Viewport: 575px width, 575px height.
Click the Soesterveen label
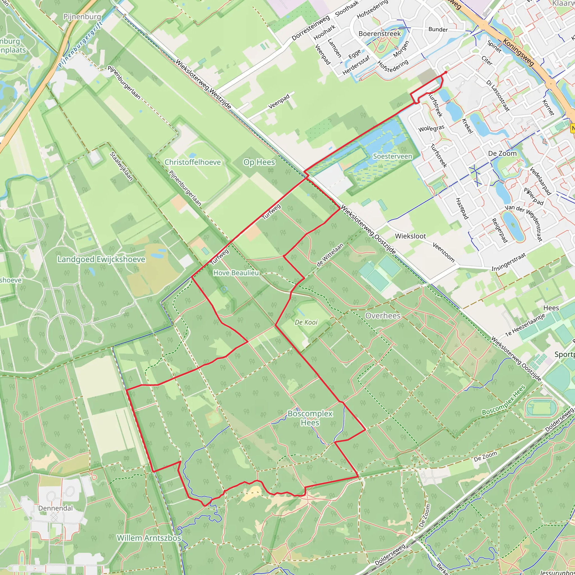(x=393, y=156)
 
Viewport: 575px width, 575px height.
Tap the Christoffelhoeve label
(x=193, y=162)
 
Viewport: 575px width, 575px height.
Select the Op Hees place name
(x=259, y=162)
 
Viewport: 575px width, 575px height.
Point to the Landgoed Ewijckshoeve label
(x=101, y=259)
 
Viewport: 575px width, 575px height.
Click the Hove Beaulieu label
(x=236, y=273)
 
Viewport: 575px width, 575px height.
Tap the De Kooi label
(x=306, y=322)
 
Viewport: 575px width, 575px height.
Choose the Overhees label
(x=383, y=316)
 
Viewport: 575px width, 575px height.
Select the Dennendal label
(x=55, y=508)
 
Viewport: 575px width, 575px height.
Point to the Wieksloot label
(x=410, y=236)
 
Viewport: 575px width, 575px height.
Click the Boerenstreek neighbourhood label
(x=380, y=33)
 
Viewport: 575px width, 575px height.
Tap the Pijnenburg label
(x=82, y=16)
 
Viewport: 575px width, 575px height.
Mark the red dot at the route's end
(x=446, y=72)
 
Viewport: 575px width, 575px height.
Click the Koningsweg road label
(x=518, y=53)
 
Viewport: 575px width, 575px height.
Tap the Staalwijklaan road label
(x=121, y=166)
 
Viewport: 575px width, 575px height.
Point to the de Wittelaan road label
(x=330, y=254)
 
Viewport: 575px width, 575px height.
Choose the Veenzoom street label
(x=443, y=252)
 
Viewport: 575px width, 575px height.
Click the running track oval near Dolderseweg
(x=541, y=408)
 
